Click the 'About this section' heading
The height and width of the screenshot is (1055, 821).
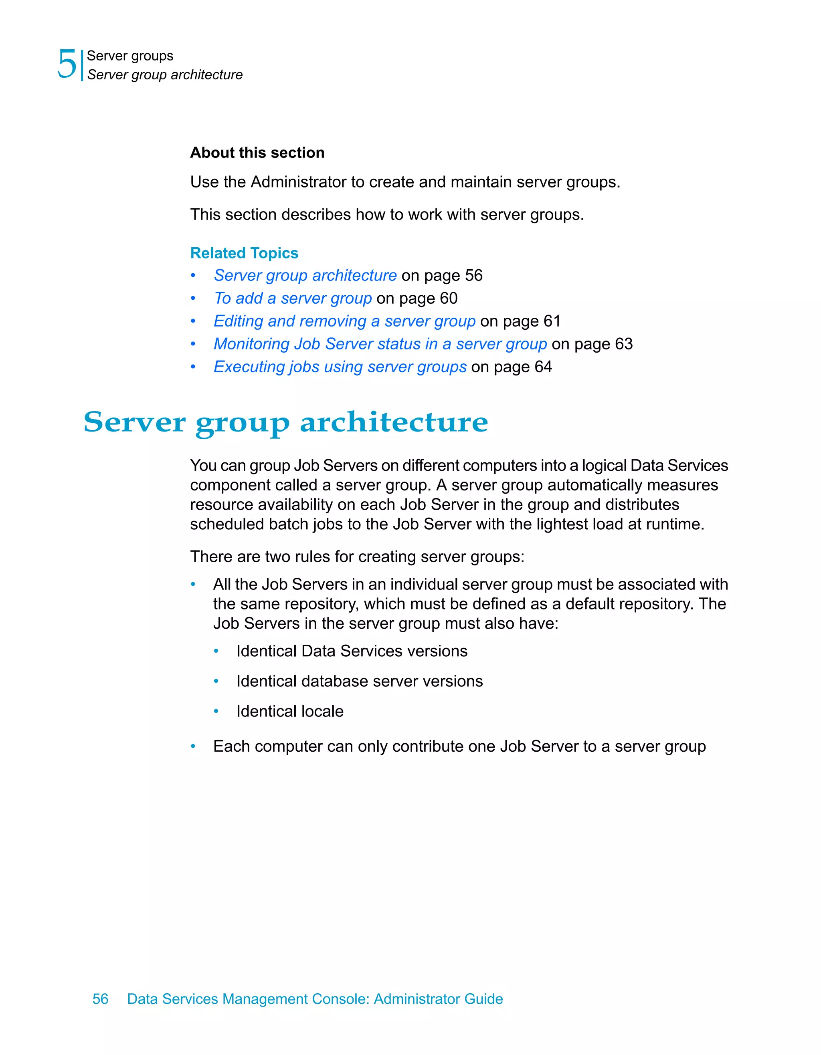click(257, 153)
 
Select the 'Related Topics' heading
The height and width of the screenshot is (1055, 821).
click(244, 253)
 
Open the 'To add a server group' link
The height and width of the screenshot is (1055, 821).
click(293, 299)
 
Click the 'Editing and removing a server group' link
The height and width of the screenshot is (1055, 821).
click(344, 321)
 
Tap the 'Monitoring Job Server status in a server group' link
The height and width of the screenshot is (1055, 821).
click(380, 344)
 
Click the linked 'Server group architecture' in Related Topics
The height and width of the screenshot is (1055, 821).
click(305, 275)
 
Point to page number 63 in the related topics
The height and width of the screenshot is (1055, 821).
click(624, 344)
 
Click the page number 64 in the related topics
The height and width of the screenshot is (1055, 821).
click(543, 367)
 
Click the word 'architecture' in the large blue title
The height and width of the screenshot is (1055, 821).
click(394, 423)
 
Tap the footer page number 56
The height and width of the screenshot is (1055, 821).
click(101, 999)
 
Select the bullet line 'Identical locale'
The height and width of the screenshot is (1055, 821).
click(290, 712)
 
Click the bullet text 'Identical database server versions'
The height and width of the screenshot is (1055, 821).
click(360, 681)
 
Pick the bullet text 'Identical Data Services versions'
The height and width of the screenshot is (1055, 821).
click(352, 651)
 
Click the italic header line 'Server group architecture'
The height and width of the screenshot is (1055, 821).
click(165, 75)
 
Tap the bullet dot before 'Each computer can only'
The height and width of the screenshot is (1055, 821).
click(193, 747)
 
